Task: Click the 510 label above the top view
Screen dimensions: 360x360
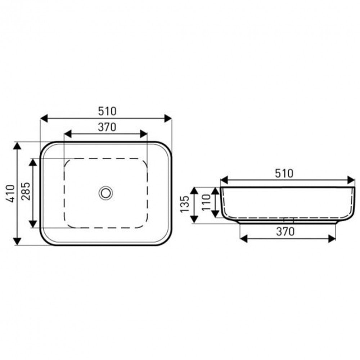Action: coord(107,111)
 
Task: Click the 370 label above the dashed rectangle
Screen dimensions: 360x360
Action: coord(107,127)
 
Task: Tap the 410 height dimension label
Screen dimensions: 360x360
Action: coord(10,194)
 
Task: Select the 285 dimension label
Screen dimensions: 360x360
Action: coord(26,191)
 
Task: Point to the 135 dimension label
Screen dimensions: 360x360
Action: coord(185,204)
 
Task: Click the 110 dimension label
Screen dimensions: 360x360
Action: coord(206,202)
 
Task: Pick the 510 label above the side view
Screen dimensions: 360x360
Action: coord(284,174)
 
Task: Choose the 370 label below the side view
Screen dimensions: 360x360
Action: coord(285,231)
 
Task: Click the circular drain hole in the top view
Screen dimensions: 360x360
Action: coord(105,193)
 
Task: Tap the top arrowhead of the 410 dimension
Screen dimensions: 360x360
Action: coord(17,146)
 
